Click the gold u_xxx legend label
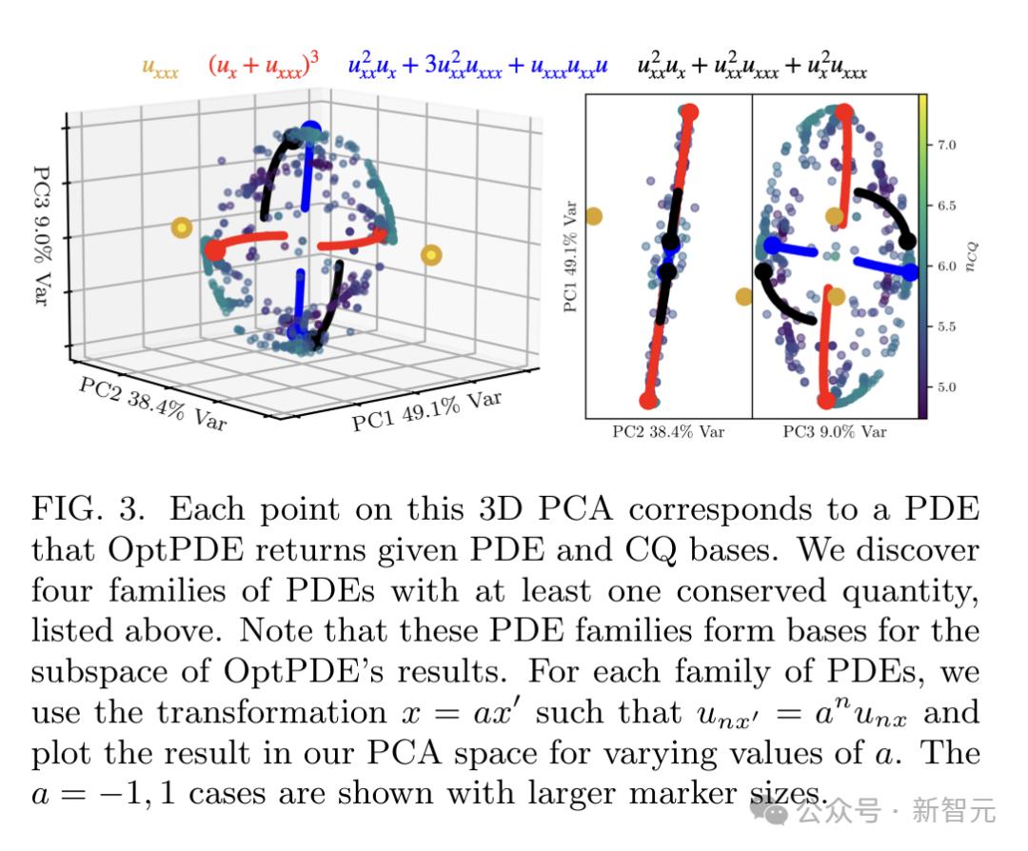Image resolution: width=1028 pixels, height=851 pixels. point(160,67)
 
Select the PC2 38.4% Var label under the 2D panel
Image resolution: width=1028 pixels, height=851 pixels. point(668,432)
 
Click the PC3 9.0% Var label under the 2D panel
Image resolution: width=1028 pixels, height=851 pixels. point(835,432)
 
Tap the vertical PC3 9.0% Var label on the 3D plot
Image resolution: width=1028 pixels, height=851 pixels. point(41,235)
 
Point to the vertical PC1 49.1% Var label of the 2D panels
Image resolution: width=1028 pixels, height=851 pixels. point(570,255)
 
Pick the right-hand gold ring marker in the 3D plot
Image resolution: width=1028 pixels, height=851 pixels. point(431,255)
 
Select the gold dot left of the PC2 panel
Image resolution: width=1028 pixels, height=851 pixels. point(593,216)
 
